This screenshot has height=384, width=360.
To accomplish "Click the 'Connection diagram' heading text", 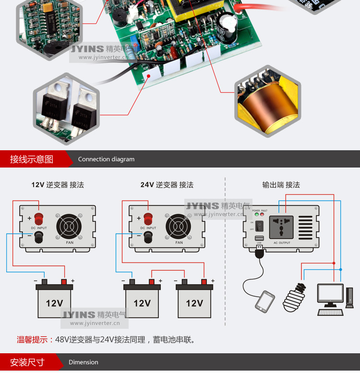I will point(106,159).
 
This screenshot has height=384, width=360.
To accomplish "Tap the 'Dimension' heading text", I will point(83,362).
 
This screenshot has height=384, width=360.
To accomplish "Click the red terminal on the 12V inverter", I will point(39,219).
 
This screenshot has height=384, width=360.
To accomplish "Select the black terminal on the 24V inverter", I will point(148,235).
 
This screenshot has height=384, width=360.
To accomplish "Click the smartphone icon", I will point(264,301).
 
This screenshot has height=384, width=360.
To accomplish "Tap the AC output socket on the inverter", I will point(282,227).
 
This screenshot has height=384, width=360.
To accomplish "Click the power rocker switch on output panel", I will point(259,225).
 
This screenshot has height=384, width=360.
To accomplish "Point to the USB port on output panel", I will point(259,239).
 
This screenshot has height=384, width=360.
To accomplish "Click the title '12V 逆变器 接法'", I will point(58,185).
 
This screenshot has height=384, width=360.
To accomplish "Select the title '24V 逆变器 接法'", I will point(167,185).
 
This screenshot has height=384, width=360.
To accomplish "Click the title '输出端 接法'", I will point(281,185).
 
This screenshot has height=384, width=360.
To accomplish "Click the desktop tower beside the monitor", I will point(350,298).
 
